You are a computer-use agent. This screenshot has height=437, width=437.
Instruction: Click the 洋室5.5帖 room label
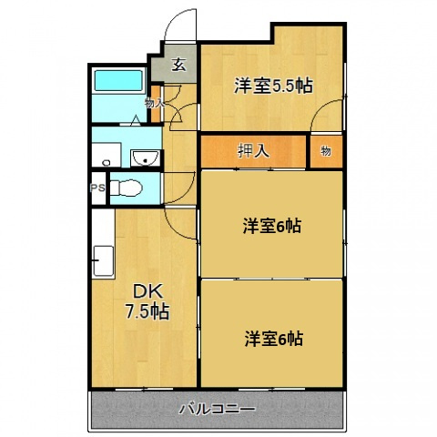coord(273,86)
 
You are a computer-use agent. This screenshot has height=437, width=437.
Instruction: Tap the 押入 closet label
coord(253,151)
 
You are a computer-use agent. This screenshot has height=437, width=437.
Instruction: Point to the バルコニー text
coord(218,409)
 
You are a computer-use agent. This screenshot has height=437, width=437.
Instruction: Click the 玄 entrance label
coord(179,66)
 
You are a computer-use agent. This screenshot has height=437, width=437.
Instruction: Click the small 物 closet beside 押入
coord(326,151)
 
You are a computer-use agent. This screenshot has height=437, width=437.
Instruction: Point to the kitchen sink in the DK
coord(102,263)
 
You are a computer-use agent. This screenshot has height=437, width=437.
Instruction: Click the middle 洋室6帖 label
coord(272,227)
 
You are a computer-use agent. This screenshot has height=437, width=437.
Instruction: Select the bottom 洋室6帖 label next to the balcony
coord(272,340)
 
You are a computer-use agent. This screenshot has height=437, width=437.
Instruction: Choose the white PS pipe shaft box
coord(97,190)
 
